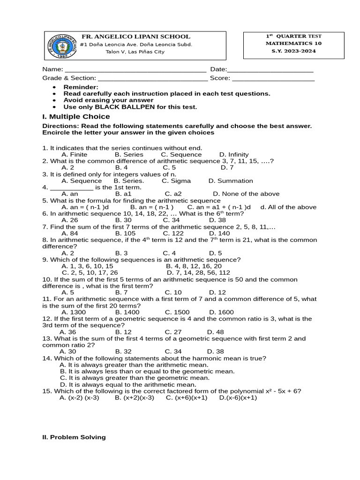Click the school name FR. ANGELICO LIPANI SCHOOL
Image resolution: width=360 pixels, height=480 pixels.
[136, 37]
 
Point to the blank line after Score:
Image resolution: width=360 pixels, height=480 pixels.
[273, 79]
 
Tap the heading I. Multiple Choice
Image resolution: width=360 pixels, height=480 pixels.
[76, 116]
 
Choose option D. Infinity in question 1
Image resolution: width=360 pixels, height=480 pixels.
[234, 155]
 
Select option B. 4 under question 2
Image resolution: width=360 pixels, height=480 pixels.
[121, 167]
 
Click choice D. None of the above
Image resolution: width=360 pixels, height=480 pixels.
[246, 194]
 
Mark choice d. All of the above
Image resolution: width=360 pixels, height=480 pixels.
[288, 207]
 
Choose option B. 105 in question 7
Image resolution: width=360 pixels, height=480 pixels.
[125, 233]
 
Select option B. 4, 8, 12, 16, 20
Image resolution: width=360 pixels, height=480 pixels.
[194, 266]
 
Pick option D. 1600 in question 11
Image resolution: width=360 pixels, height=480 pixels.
[221, 312]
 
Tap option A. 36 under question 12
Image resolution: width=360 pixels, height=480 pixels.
[68, 332]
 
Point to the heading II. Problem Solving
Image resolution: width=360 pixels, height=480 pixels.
[74, 437]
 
